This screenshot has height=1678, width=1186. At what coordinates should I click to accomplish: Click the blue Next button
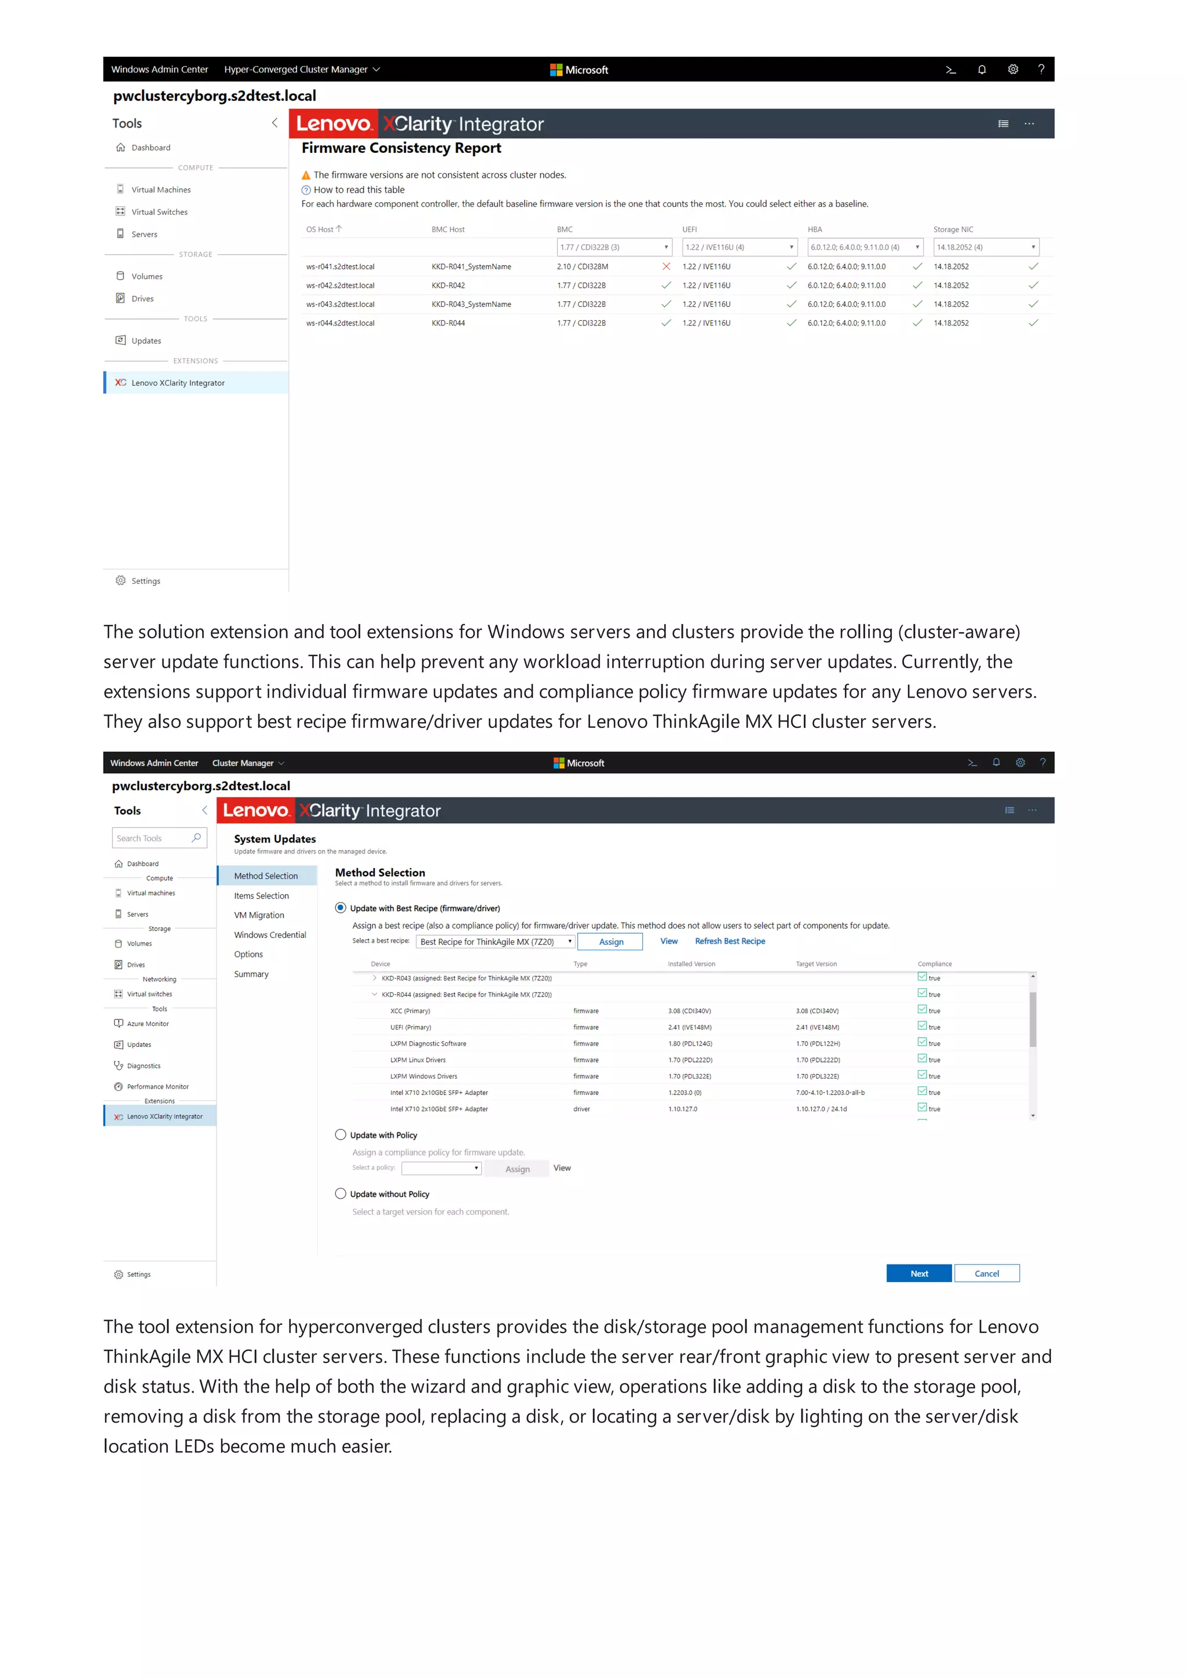[918, 1273]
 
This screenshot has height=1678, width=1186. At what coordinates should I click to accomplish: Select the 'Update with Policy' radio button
[341, 1134]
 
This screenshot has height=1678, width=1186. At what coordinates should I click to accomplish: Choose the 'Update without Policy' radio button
[341, 1193]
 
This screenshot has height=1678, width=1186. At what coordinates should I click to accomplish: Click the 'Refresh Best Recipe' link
[729, 941]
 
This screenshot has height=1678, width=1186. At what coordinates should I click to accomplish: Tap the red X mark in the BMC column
[666, 267]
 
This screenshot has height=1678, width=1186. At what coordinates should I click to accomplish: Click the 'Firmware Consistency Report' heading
[401, 148]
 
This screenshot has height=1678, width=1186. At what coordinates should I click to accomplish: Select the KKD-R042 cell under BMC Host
[448, 286]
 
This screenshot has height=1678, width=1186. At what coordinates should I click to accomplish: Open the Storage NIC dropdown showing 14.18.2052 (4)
[986, 247]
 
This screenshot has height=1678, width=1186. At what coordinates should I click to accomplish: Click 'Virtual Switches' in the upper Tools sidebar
[159, 212]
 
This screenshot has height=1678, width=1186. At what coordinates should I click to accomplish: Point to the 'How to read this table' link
[359, 190]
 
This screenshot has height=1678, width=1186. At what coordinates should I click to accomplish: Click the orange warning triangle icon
[306, 175]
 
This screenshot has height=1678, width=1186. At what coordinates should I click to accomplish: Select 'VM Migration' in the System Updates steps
[259, 915]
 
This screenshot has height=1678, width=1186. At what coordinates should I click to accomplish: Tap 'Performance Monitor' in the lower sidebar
[157, 1087]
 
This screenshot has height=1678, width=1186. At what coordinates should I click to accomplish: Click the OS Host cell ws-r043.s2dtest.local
[341, 305]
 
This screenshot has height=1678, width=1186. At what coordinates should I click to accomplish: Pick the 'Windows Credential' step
[270, 935]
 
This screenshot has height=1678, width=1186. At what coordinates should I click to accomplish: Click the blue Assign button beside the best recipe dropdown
[610, 942]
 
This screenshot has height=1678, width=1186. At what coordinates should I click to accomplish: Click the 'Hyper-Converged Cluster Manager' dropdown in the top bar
[302, 69]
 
